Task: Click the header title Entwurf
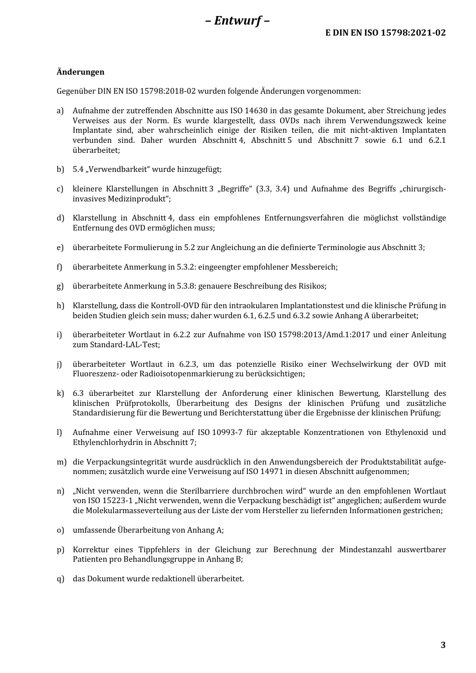pos(237,21)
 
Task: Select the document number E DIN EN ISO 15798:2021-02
pos(385,33)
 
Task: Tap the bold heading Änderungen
pos(80,72)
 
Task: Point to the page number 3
pos(442,645)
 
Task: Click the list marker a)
pos(60,111)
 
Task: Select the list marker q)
pos(60,579)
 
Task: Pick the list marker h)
pos(60,306)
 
